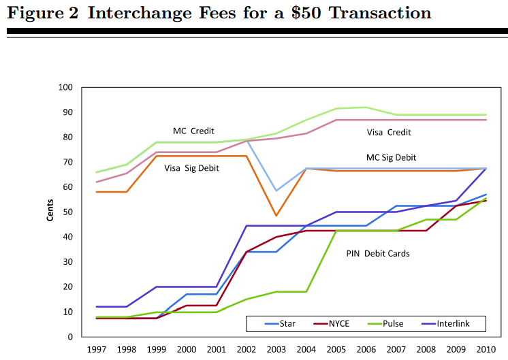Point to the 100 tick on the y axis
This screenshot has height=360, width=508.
(x=65, y=87)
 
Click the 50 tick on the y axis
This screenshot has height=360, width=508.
(x=68, y=212)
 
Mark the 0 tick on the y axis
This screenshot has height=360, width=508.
(x=70, y=337)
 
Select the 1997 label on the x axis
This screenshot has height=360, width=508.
(x=96, y=350)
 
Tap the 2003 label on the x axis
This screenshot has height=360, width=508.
(x=276, y=350)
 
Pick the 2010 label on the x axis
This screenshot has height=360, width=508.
(x=486, y=350)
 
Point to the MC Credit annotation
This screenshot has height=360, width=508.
(x=194, y=130)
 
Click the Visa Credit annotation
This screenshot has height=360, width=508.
(x=389, y=132)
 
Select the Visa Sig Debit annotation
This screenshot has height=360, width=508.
(x=191, y=167)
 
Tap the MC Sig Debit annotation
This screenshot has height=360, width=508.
(x=391, y=157)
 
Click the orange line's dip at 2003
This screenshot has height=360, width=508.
(x=276, y=216)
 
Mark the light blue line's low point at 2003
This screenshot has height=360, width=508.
(x=276, y=191)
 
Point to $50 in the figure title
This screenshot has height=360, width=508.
(x=306, y=13)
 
